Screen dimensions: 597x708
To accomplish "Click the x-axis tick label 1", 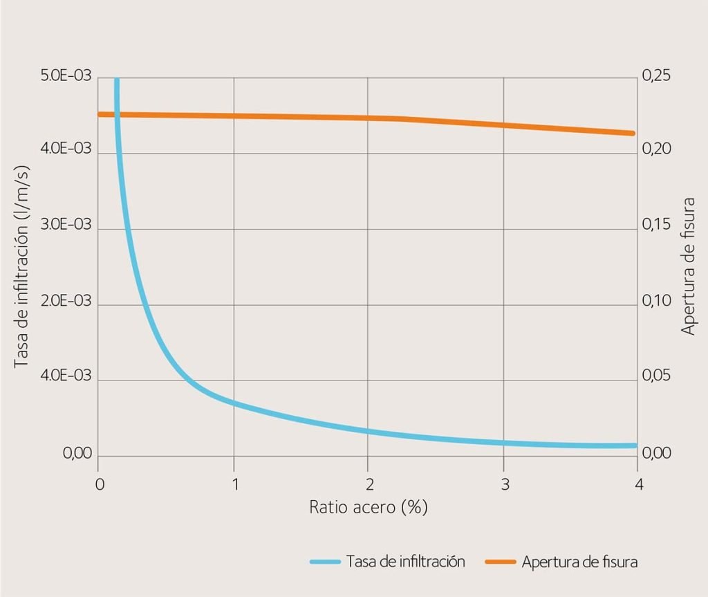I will click(234, 484).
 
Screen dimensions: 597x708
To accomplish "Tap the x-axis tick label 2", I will click(369, 484).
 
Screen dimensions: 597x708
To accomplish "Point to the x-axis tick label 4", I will click(638, 484).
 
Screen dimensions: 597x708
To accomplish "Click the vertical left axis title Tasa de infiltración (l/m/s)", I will click(22, 266).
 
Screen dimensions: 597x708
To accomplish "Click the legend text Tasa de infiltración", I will click(405, 562).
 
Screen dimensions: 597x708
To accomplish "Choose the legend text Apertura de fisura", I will click(579, 562).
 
